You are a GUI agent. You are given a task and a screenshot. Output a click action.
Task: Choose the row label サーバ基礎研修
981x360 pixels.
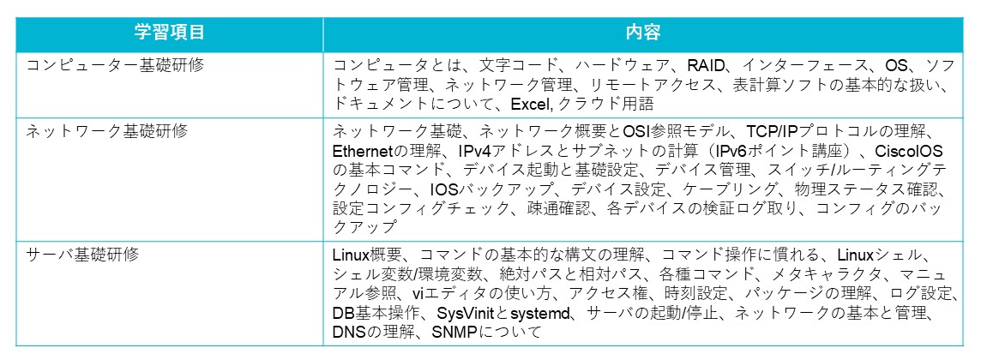pyautogui.click(x=82, y=255)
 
